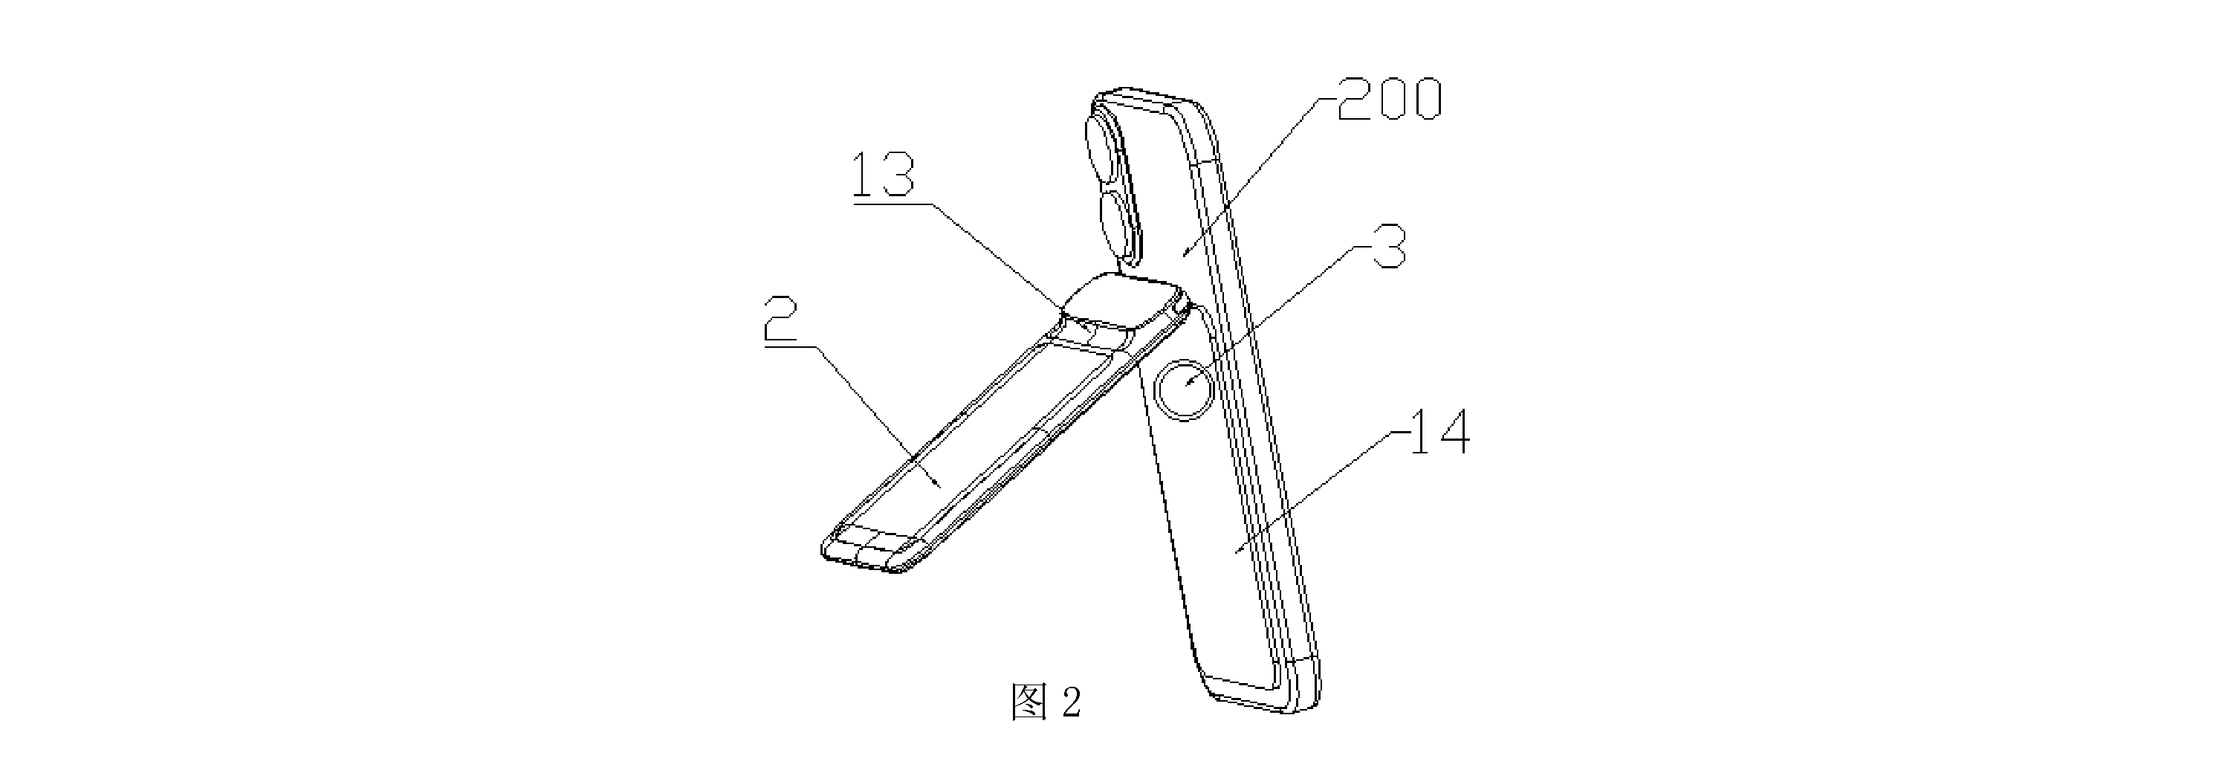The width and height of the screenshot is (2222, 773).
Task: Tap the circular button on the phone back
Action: (x=1185, y=390)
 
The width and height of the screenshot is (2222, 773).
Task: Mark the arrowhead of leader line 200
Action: (x=1186, y=253)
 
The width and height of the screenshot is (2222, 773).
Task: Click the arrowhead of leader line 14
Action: (x=1236, y=549)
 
